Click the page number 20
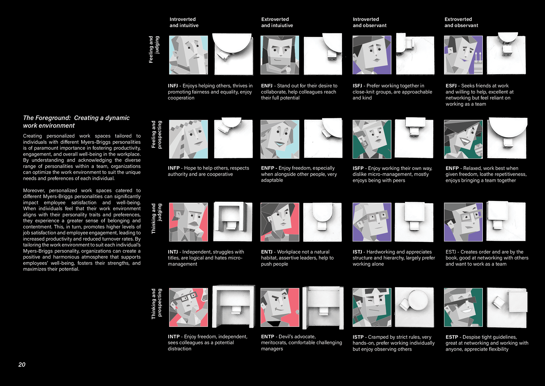tap(22, 364)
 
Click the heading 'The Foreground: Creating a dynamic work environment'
tap(76, 122)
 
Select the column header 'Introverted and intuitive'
tap(184, 22)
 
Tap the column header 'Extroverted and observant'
tap(461, 22)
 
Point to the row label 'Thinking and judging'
tap(156, 219)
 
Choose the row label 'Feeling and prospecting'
tap(156, 134)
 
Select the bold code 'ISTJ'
tap(357, 252)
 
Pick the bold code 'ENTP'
tap(267, 337)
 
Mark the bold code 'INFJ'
tap(173, 86)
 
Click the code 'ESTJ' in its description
tap(450, 252)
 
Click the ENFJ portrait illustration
tap(280, 55)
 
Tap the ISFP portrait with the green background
tap(372, 139)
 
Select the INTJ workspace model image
tap(232, 222)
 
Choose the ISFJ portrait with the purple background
tap(372, 55)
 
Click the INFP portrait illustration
tap(188, 139)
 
